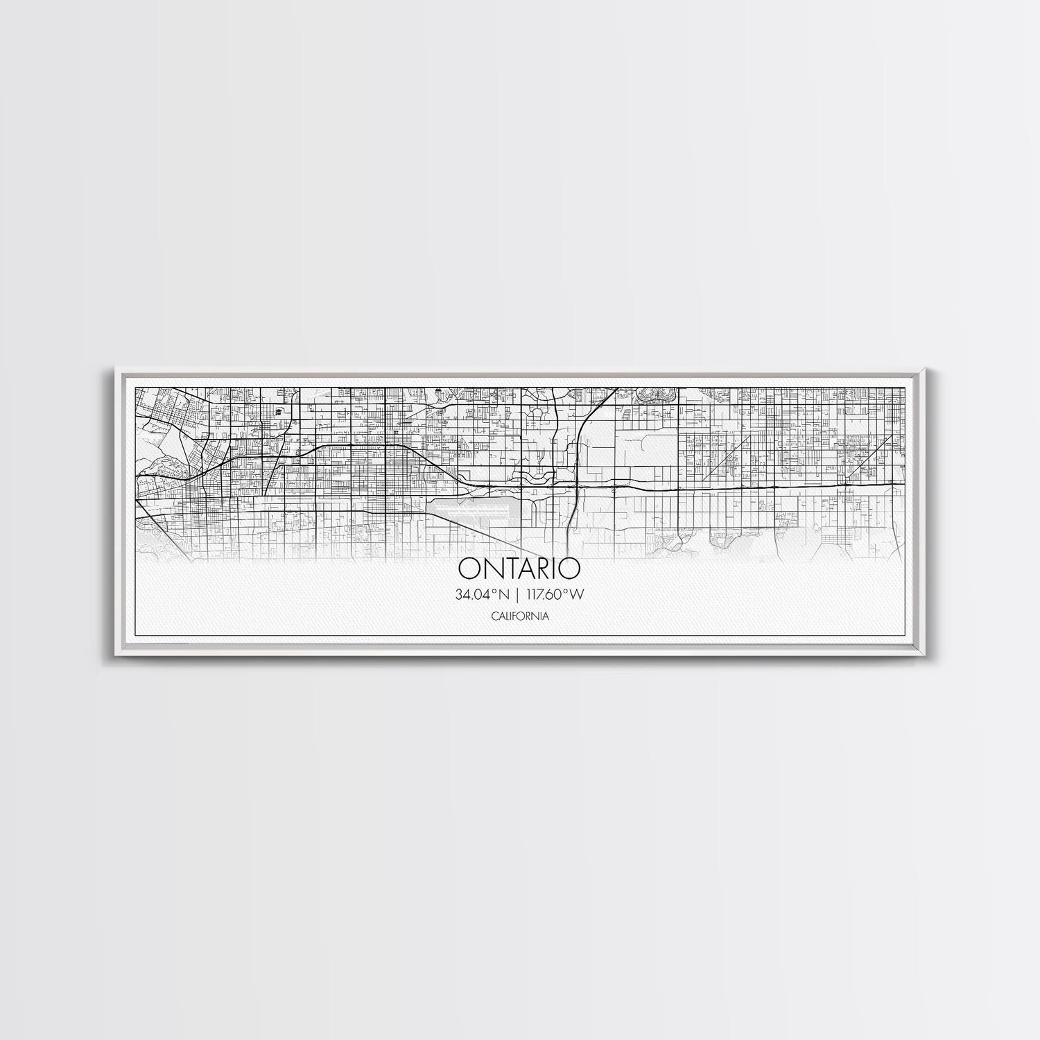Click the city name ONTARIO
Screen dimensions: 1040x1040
point(519,568)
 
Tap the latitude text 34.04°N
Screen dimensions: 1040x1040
point(484,594)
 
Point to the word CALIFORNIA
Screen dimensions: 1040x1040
point(519,616)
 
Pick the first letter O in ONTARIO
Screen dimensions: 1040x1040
point(468,568)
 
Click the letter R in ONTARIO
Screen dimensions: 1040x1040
point(544,568)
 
